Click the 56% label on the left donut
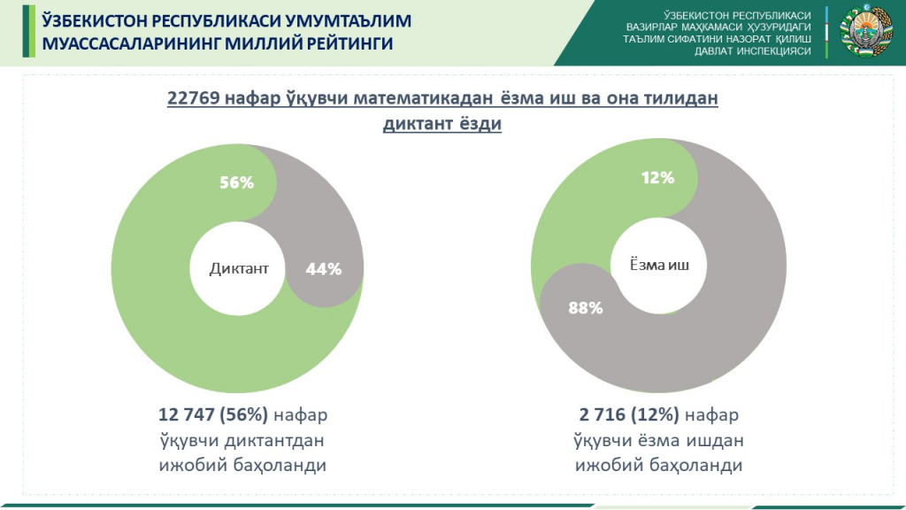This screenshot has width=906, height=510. click(x=237, y=182)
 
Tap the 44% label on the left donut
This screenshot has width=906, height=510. click(x=323, y=269)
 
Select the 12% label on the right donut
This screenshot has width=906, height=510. click(x=657, y=178)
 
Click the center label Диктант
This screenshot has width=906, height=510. click(x=239, y=268)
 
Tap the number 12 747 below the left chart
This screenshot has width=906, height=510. click(x=188, y=415)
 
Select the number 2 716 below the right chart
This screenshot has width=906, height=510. click(x=603, y=415)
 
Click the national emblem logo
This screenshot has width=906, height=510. click(x=859, y=32)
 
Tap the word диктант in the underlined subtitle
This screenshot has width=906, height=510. click(x=416, y=125)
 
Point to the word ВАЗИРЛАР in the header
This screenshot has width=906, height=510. click(x=655, y=27)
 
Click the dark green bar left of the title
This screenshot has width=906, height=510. click(x=27, y=32)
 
